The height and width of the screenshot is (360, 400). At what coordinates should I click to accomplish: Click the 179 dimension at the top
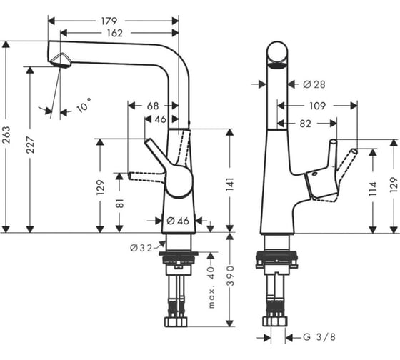coord(109,21)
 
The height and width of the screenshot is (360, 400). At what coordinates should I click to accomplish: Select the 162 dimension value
coord(114,33)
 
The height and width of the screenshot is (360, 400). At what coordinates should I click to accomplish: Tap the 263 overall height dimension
coord(6,134)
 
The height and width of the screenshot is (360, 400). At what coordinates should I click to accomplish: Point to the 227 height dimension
coord(30,145)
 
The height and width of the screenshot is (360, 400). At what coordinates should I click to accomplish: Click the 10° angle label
coord(84,105)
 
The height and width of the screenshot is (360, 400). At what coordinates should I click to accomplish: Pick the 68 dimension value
coord(153,106)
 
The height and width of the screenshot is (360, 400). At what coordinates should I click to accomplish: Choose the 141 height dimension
coord(230,184)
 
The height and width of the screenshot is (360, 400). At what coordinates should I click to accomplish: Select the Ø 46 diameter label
coord(178,221)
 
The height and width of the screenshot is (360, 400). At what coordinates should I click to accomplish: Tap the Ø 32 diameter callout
coord(141,248)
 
